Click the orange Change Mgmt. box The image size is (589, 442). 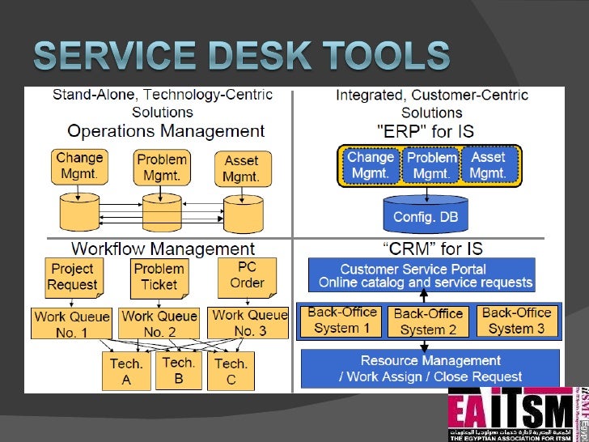79,165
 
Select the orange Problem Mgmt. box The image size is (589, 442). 162,167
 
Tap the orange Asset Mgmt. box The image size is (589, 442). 241,167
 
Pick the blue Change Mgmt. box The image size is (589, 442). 370,165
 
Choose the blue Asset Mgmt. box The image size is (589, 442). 488,165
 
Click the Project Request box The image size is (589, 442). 73,276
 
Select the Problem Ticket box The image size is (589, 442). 159,277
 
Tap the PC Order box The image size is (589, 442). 247,275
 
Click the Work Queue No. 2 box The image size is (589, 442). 159,323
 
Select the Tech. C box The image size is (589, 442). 231,372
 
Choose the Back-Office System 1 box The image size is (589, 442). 341,321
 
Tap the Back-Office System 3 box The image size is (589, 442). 516,321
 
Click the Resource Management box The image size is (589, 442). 430,368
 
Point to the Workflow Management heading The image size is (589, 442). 163,249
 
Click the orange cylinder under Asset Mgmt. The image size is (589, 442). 244,214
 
